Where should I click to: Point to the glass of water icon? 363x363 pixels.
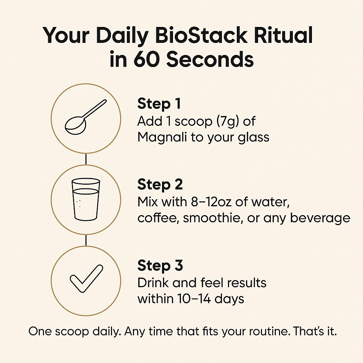point(86,199)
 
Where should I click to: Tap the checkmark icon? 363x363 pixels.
point(86,279)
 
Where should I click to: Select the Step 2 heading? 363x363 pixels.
point(160,185)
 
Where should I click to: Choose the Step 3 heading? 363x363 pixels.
point(160,266)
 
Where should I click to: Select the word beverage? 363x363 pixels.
point(320,218)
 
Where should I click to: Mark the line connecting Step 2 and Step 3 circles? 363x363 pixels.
point(86,240)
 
